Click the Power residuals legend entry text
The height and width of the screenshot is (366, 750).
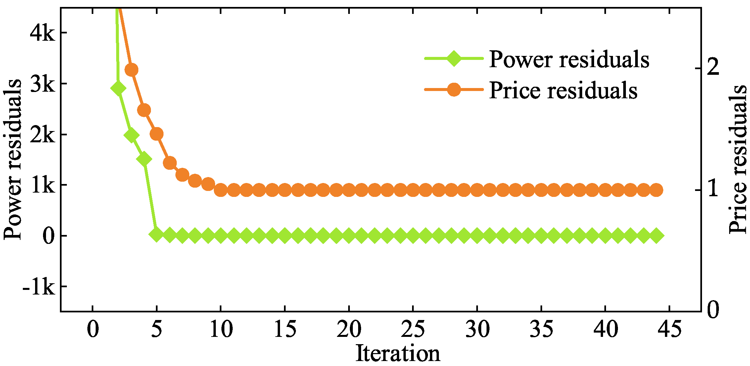coord(569,60)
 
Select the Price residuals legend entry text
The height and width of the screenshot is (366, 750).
coord(563,90)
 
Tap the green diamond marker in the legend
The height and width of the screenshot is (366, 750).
coord(454,59)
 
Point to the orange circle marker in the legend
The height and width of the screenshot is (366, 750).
coord(454,89)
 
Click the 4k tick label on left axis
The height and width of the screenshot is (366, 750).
coord(42,33)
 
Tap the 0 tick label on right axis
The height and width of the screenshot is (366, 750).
coord(713,310)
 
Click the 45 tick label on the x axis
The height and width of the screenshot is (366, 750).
coord(669,330)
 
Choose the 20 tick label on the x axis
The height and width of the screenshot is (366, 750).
coord(349,330)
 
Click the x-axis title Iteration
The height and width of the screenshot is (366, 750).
coord(398,353)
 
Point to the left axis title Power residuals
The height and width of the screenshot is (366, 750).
coord(13,160)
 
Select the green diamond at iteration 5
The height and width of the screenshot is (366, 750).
coord(157,235)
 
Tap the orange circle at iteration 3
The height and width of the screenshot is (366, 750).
coord(131,70)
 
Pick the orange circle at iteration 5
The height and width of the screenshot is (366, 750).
coord(157,134)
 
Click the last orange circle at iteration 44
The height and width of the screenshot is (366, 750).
coord(656,190)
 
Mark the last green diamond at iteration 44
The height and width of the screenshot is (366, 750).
coord(656,236)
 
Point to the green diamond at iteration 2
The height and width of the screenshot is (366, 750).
coord(118,88)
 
